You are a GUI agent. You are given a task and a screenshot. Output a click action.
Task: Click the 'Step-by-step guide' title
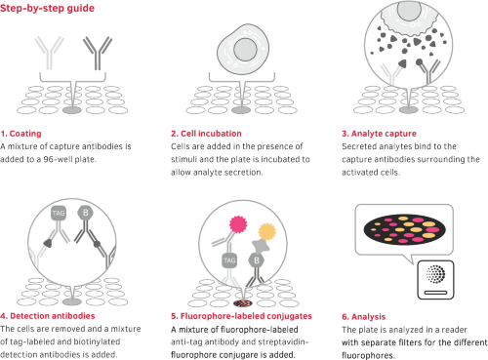click(47, 8)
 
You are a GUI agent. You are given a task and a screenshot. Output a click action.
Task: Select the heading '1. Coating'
click(21, 134)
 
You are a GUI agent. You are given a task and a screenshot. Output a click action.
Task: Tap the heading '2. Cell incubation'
click(206, 134)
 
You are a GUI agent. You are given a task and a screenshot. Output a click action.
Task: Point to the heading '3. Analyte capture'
click(379, 134)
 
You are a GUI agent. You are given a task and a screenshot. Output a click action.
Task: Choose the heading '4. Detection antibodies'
click(48, 316)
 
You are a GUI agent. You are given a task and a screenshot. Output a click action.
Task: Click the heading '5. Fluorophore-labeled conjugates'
click(241, 316)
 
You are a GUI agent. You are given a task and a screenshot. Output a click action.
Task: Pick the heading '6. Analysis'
click(364, 316)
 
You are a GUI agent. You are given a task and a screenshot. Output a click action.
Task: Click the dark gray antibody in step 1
click(98, 54)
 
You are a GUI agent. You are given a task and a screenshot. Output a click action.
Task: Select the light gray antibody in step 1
click(49, 54)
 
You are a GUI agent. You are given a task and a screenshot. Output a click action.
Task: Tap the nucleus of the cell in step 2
click(245, 50)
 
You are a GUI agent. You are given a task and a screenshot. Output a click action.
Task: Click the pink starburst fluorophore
click(238, 224)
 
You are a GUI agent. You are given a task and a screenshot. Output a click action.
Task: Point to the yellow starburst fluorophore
click(267, 231)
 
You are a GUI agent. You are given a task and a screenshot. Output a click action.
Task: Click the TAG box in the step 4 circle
click(59, 214)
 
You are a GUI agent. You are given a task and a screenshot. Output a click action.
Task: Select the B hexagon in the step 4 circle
click(86, 213)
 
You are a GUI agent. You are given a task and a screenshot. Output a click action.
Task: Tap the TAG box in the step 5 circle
click(229, 260)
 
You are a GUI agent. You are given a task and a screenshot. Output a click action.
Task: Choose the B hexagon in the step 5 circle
click(257, 260)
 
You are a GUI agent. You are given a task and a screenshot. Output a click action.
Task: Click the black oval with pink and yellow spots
click(405, 229)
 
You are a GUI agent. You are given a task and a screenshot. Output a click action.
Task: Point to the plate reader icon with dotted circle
click(435, 280)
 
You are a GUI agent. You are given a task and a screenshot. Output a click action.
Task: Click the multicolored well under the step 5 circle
click(243, 303)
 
